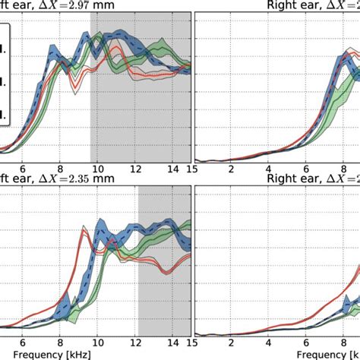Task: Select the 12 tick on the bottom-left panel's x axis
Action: [x=135, y=343]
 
